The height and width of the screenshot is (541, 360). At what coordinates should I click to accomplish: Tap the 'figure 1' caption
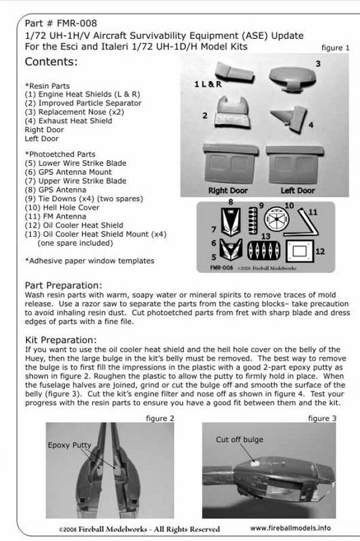click(336, 48)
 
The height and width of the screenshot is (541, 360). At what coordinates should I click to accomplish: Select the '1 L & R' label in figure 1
click(208, 84)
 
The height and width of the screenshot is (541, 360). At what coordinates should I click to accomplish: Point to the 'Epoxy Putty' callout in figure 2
click(69, 445)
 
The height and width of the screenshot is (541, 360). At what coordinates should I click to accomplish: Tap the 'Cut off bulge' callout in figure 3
click(239, 439)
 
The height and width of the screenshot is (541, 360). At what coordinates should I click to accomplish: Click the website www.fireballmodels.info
click(297, 528)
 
